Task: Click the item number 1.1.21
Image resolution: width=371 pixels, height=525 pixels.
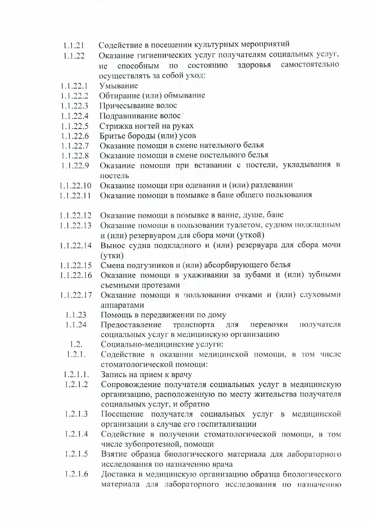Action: click(73, 46)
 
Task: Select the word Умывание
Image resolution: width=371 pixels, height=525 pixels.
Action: click(119, 86)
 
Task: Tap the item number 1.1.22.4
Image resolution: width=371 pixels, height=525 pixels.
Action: click(75, 116)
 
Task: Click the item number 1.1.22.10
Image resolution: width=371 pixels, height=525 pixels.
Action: click(75, 186)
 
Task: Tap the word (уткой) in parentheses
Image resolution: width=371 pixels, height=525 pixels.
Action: click(250, 235)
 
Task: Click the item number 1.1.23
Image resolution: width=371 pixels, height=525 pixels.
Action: click(76, 315)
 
